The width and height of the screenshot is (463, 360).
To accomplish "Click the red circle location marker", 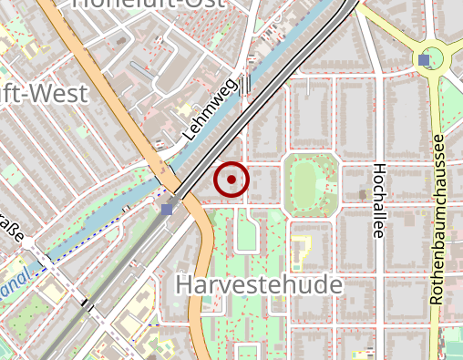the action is (x=231, y=180).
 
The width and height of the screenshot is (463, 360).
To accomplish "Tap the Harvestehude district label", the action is (x=258, y=284).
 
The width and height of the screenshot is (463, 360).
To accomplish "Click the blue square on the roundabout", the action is (x=425, y=60).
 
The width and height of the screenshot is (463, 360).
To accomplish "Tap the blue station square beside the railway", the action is (x=166, y=209).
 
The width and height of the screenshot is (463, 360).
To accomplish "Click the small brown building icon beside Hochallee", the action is (x=363, y=194).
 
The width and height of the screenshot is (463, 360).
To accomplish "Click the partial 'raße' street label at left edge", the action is (x=11, y=226).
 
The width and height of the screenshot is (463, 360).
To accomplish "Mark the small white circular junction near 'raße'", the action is (x=29, y=242).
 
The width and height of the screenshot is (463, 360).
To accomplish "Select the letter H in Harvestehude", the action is (x=182, y=284).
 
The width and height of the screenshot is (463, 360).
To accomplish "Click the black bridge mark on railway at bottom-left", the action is (x=87, y=304).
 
